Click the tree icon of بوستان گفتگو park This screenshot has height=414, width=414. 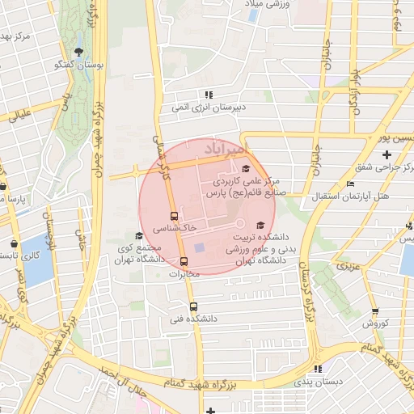coord(78,53)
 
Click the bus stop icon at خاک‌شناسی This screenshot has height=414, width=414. coord(174,216)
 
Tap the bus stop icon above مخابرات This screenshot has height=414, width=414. coord(184,261)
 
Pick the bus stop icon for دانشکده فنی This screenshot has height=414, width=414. coord(192,306)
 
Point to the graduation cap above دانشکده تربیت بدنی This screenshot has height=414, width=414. coord(260,225)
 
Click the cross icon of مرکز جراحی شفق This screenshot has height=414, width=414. coord(387,154)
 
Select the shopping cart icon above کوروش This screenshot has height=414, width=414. coord(375,311)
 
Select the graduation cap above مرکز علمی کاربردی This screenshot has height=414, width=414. coord(246,168)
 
